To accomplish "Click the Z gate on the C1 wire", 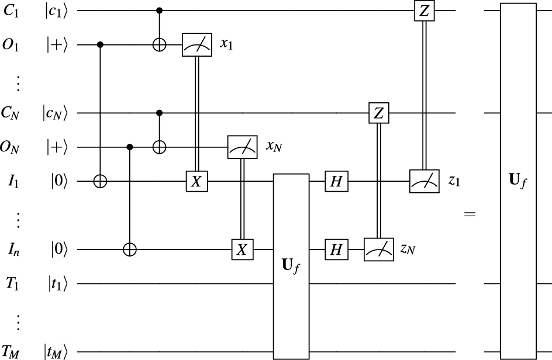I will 423,11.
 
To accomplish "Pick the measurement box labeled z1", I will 423,182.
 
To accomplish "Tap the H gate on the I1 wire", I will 336,182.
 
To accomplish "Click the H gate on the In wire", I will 336,250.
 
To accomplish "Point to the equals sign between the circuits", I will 470,215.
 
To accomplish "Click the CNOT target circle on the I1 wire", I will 101,182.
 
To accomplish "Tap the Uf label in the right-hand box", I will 518,181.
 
